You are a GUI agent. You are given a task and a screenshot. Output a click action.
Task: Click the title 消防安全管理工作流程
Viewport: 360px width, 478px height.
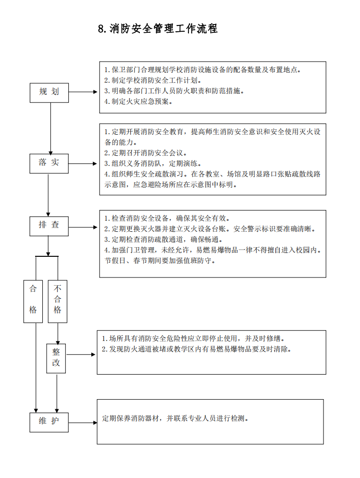[163, 29]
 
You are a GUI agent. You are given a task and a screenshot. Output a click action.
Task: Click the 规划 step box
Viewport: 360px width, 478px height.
[50, 91]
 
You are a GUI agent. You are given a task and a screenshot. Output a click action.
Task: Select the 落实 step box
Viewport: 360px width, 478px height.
[50, 163]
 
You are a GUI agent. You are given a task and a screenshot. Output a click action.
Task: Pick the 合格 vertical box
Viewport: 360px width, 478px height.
[33, 300]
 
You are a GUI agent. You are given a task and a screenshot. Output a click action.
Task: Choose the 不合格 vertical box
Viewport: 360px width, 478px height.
[58, 300]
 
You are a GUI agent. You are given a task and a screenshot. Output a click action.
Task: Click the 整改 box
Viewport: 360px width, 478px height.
[56, 358]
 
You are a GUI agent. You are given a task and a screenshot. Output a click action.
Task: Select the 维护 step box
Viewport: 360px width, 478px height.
[50, 422]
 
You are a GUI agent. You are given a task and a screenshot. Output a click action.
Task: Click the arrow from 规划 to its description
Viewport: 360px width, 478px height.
[84, 92]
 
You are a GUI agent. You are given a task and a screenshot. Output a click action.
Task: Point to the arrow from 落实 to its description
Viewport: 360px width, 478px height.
[84, 164]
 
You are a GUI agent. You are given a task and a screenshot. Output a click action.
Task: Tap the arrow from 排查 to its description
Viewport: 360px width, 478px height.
[84, 226]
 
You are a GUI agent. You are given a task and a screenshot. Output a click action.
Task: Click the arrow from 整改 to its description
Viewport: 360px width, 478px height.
[81, 355]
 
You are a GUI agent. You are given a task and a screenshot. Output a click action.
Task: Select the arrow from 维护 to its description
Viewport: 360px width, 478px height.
[83, 423]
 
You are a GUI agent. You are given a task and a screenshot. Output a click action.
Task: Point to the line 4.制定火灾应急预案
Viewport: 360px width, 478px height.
[138, 101]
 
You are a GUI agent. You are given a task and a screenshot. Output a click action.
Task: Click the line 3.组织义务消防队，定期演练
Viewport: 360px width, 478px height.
[152, 164]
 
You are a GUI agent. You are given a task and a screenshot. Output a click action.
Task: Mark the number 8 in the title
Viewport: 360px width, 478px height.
[101, 29]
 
